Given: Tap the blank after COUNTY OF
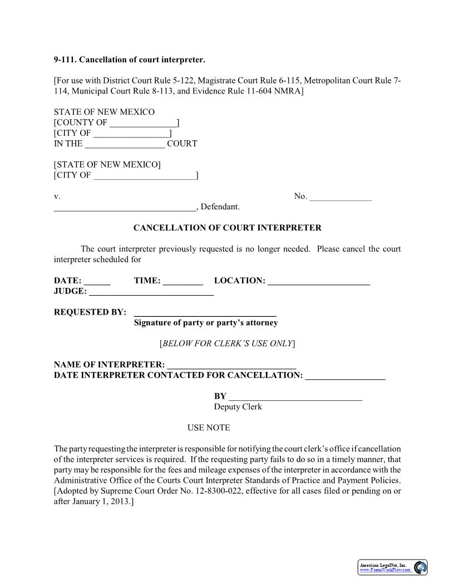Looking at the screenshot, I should tap(143, 123).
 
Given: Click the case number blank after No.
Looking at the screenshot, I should tap(340, 197).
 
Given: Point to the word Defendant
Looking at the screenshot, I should tap(220, 207).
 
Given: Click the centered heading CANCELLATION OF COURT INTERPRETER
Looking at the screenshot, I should tap(227, 228).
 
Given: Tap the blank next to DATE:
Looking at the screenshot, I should tap(97, 281).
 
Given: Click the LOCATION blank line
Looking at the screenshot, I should tap(319, 281).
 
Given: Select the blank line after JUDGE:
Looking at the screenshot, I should tap(151, 292).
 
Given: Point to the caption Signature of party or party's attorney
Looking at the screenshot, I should tap(206, 323).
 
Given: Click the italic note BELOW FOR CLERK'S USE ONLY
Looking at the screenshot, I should tap(227, 344).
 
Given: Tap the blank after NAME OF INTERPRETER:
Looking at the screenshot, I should tap(231, 365).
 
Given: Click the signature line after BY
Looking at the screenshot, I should tap(295, 397).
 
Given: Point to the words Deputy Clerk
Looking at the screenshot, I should tap(238, 407).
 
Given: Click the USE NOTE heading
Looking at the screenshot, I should tap(209, 428).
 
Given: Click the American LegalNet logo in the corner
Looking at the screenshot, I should tap(393, 567).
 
